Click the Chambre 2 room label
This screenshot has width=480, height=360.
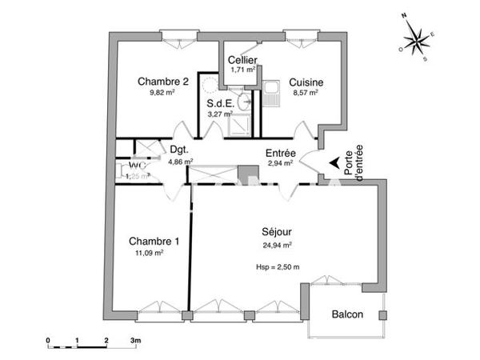coord(163,81)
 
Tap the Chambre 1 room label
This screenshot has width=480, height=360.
coord(154,242)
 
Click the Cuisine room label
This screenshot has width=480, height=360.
coord(306,82)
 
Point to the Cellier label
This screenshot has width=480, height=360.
coord(242,60)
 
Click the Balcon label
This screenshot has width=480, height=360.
coord(347,314)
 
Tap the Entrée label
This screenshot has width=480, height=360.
coord(281,154)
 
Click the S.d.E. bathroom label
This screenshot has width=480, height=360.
coord(220,103)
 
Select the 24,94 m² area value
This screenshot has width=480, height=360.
coord(277,246)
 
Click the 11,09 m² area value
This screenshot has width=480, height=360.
coord(150,254)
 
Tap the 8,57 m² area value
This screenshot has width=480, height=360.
coord(305,93)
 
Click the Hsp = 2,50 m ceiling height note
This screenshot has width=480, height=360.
coord(277,266)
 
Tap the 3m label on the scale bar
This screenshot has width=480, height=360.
coord(135,342)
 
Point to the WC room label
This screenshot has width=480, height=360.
coord(137,166)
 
